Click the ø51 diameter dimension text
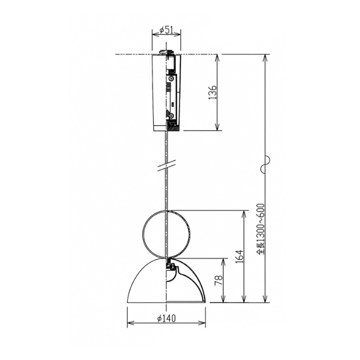166,30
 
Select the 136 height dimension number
212,93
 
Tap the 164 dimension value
239,257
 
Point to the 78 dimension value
219,280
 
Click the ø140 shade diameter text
167,318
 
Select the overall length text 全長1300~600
261,229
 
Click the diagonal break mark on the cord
166,165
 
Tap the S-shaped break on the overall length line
265,164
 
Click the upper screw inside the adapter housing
171,79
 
